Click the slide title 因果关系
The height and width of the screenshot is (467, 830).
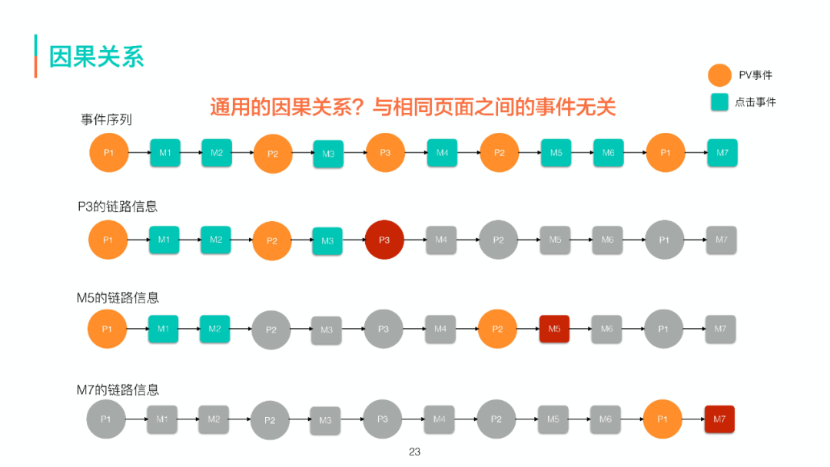click(x=97, y=57)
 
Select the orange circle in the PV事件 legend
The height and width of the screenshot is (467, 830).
click(x=719, y=75)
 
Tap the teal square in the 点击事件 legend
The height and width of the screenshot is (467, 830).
click(x=719, y=101)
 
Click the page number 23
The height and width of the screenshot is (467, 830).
click(x=415, y=452)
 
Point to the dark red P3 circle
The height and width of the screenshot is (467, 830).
click(x=384, y=240)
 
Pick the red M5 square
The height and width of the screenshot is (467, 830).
click(x=554, y=329)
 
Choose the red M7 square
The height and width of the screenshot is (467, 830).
click(x=719, y=419)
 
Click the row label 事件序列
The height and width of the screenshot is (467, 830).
click(x=106, y=119)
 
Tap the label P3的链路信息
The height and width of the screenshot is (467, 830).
click(x=118, y=207)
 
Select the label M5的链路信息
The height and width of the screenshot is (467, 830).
click(x=118, y=297)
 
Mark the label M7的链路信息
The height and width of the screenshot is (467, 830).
click(x=118, y=389)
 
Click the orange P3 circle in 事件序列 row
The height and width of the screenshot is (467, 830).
click(x=385, y=153)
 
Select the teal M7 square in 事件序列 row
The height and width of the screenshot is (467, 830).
click(x=722, y=153)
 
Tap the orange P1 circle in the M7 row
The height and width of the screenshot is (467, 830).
click(x=662, y=419)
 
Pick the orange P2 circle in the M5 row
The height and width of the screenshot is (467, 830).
click(x=497, y=330)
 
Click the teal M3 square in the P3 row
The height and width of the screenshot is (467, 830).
click(x=327, y=240)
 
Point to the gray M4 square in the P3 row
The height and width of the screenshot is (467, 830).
click(x=441, y=240)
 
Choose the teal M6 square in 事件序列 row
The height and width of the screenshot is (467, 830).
click(x=608, y=153)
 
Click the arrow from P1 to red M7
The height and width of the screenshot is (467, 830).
click(x=692, y=419)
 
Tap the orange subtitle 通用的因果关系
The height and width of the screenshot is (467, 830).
click(x=413, y=107)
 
